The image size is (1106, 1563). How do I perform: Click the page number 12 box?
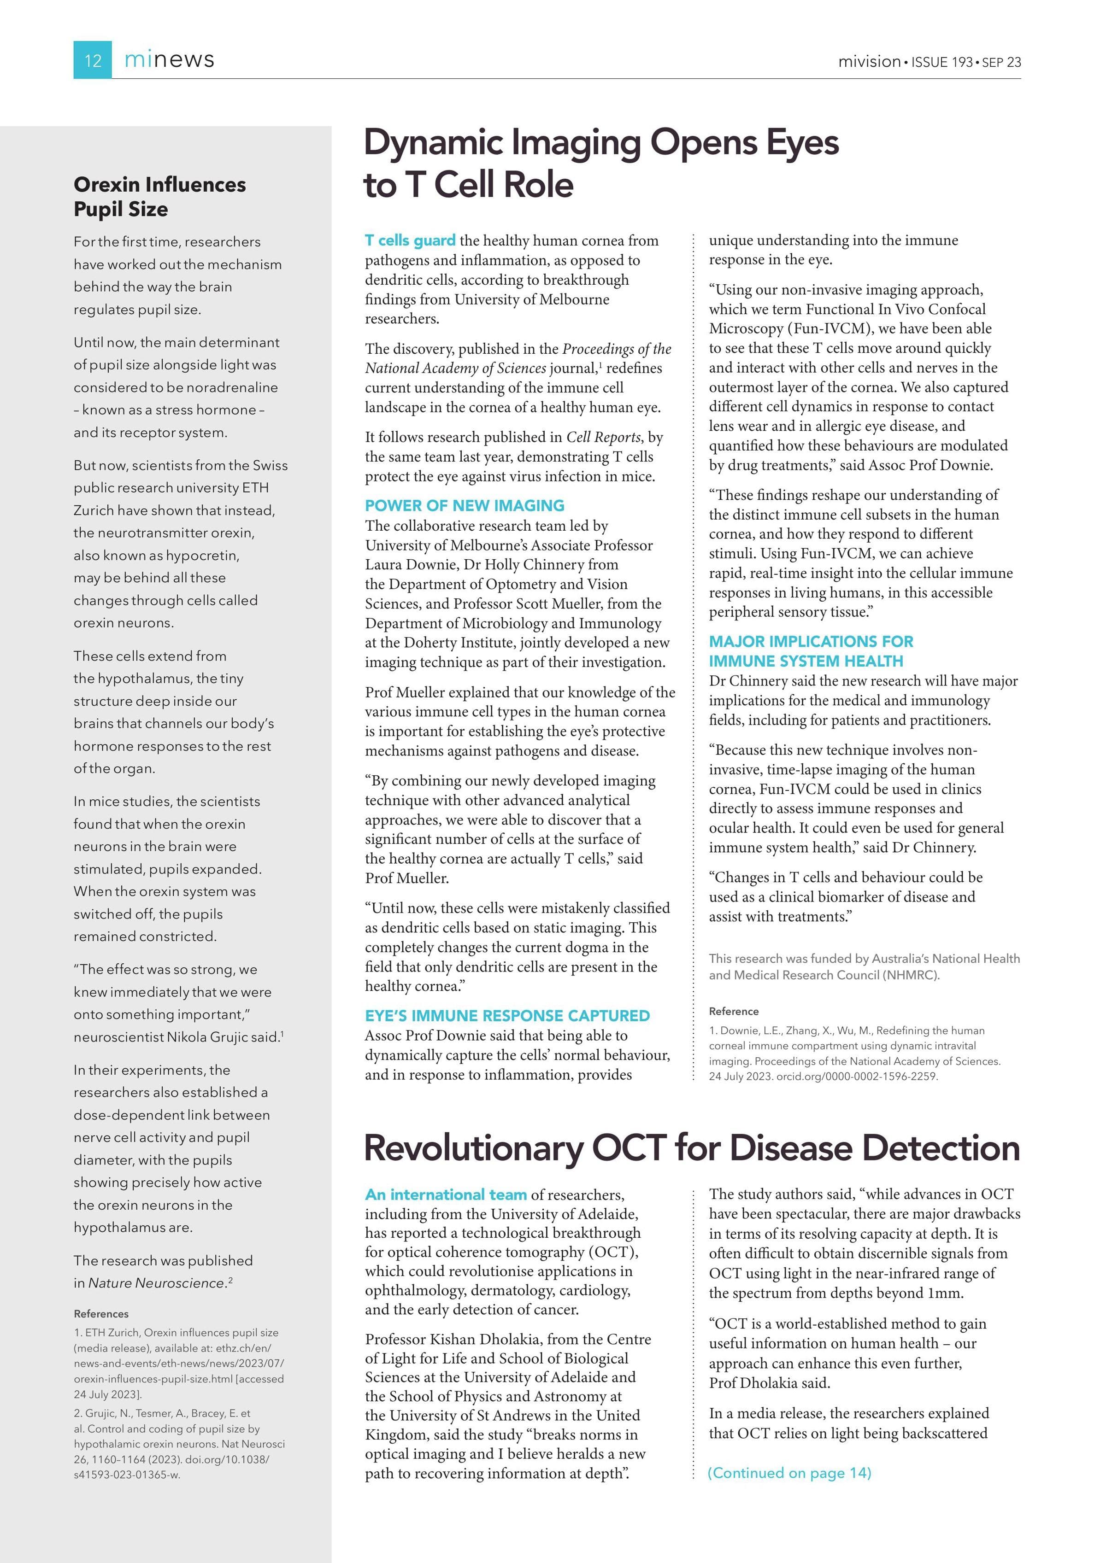93,60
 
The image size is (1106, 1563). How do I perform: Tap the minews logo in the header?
169,60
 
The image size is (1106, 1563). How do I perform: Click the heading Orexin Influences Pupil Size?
159,197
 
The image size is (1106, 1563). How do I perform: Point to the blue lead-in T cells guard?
410,240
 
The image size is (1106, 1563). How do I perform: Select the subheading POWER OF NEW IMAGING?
465,505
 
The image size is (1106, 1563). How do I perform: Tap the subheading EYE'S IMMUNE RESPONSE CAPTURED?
507,1016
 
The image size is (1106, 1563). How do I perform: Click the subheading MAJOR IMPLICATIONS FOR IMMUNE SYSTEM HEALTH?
811,651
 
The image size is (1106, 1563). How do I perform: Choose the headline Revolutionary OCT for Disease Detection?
691,1148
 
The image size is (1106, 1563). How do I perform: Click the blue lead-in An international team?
446,1195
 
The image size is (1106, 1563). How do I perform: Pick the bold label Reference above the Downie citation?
734,1012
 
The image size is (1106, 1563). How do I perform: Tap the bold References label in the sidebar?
101,1314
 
